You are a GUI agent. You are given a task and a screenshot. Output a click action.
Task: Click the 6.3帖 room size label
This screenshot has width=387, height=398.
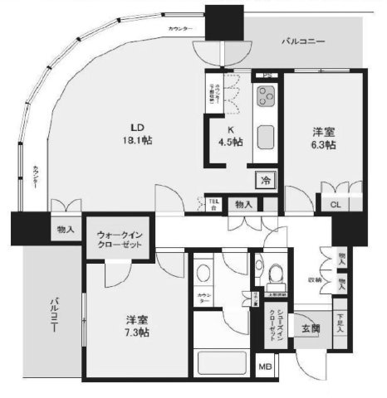tap(324, 145)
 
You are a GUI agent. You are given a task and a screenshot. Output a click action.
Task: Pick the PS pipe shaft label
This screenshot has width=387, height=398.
tap(268, 75)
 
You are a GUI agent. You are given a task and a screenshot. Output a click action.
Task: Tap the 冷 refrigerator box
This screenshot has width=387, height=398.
tap(265, 180)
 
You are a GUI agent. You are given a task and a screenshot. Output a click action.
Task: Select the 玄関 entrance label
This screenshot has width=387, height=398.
tap(310, 330)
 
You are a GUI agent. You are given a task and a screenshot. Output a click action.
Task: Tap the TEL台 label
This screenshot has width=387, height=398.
tap(213, 202)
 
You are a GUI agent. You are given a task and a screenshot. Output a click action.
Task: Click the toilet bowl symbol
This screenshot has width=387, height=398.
tap(273, 270)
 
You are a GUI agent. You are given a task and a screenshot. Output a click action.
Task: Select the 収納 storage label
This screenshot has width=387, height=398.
tap(316, 279)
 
